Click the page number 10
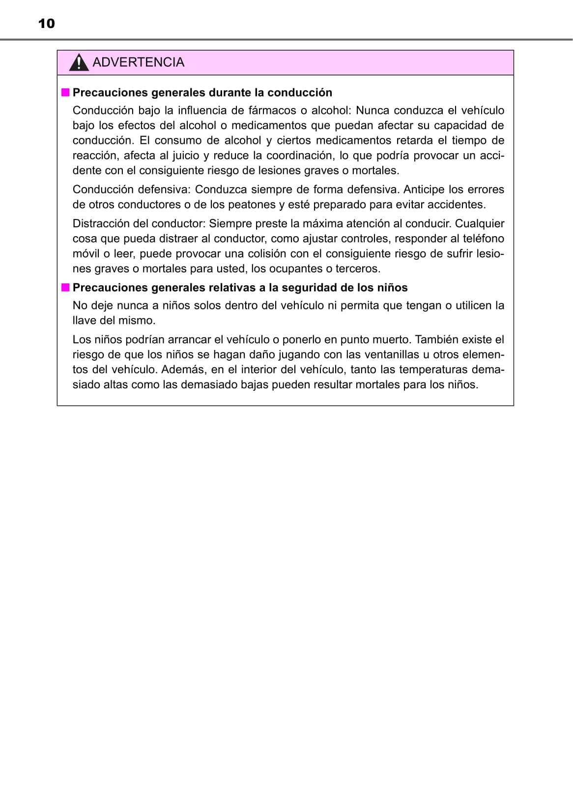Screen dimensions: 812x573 click(46, 24)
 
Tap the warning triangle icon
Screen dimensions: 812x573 click(79, 63)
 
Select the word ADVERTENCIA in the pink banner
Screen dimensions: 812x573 click(138, 62)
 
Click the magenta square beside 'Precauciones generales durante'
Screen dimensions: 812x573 click(65, 92)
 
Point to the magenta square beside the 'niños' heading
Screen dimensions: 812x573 click(65, 287)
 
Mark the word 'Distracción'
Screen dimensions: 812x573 click(102, 224)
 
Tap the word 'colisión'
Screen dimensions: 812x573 click(264, 254)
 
